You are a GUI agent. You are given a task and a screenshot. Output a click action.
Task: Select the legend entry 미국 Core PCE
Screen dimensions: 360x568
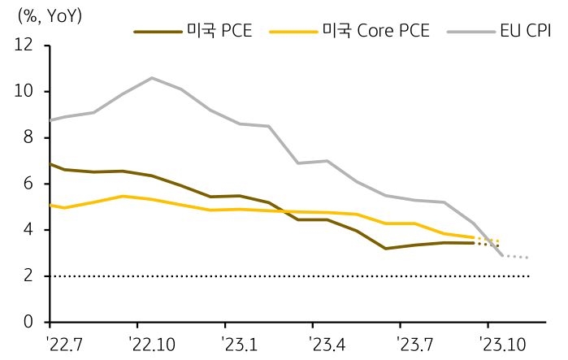pyautogui.click(x=375, y=32)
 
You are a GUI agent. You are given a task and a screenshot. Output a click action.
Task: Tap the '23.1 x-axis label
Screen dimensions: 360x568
pyautogui.click(x=238, y=343)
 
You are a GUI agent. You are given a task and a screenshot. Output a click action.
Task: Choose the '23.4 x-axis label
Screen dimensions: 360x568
pyautogui.click(x=326, y=343)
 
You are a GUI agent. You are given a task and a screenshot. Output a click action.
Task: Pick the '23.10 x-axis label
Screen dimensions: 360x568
pyautogui.click(x=504, y=343)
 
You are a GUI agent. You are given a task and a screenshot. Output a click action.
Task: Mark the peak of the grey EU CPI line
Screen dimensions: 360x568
pyautogui.click(x=151, y=78)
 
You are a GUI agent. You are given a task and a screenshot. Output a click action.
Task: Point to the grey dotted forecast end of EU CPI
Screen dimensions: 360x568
pyautogui.click(x=528, y=258)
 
